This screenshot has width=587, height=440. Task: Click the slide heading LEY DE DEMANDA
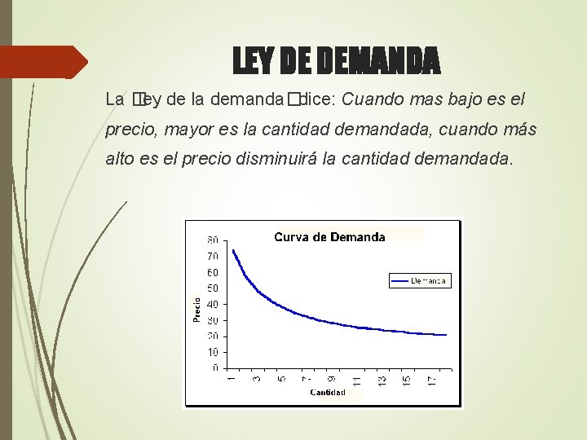pos(336,59)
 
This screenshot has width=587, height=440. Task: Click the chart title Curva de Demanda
pos(329,237)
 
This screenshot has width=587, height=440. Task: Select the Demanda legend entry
pos(420,280)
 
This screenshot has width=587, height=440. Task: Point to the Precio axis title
pos(197,308)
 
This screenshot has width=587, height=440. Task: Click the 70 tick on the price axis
pos(212,257)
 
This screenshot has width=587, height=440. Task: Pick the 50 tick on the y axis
pos(212,288)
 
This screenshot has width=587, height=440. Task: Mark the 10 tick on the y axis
pos(212,352)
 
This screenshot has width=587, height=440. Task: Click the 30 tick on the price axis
pos(212,320)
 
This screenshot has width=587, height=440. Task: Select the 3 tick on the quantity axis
pos(257,378)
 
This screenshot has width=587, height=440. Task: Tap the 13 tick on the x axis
pos(382,380)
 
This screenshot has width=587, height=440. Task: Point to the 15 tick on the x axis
pos(407,380)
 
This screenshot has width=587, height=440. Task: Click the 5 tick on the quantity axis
pos(281,378)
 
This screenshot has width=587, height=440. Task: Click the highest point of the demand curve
pos(233,250)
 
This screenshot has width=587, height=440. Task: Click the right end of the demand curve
pos(446,335)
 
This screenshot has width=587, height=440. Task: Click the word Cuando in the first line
pos(369,100)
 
